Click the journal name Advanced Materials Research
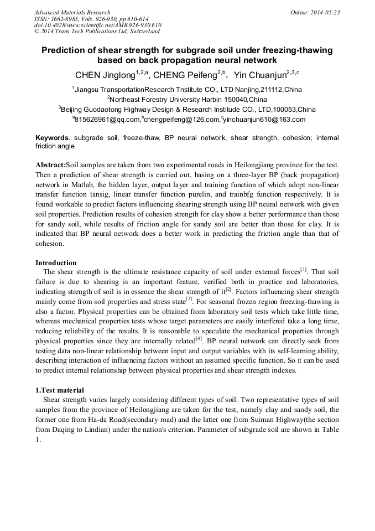click(72, 12)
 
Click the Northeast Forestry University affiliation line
click(187, 100)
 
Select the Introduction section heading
click(56, 262)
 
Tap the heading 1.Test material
click(60, 390)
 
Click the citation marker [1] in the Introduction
click(303, 270)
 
